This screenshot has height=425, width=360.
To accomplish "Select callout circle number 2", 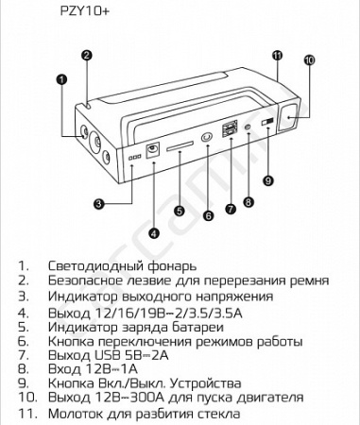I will tap(86, 55).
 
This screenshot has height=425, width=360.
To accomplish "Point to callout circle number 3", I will tap(97, 203).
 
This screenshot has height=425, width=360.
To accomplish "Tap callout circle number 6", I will tap(209, 214).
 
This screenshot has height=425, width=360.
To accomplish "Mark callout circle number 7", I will tap(230, 207).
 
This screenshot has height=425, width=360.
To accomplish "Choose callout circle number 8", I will tap(249, 200).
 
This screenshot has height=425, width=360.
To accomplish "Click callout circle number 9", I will tap(267, 179).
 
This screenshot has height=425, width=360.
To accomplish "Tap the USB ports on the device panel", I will tap(231, 130).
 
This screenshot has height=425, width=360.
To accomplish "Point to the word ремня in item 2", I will tap(309, 281).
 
